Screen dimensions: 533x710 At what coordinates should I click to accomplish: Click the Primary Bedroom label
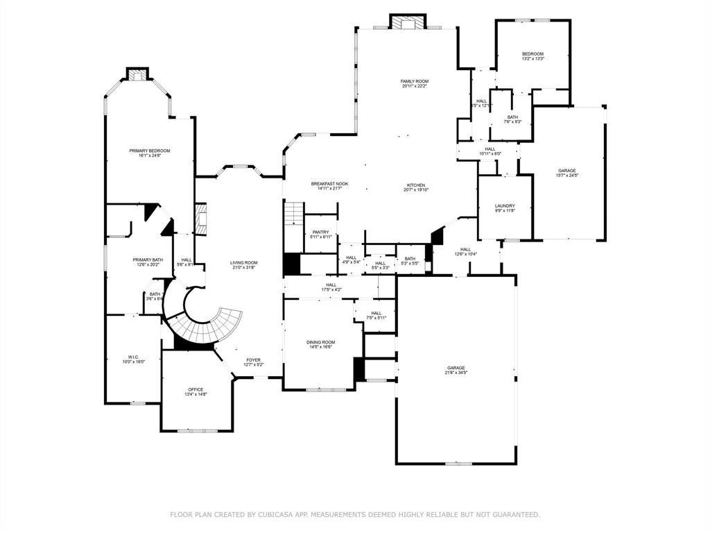(149, 151)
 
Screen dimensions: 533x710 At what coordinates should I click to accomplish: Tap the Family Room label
(414, 81)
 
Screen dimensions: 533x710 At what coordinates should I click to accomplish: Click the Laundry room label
(504, 206)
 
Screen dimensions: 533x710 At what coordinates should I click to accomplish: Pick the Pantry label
(320, 232)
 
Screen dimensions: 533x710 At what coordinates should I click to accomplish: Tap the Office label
(196, 389)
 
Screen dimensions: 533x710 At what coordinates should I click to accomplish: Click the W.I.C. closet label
(133, 357)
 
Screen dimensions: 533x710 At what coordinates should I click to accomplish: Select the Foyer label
(253, 360)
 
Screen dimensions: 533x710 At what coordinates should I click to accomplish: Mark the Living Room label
(243, 262)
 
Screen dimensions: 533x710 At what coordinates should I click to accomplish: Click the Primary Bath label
(148, 260)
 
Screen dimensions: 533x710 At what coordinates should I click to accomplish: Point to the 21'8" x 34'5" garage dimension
(456, 373)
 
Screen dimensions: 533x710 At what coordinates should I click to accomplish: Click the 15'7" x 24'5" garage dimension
(566, 175)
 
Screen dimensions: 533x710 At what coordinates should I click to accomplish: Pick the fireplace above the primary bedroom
(137, 74)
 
